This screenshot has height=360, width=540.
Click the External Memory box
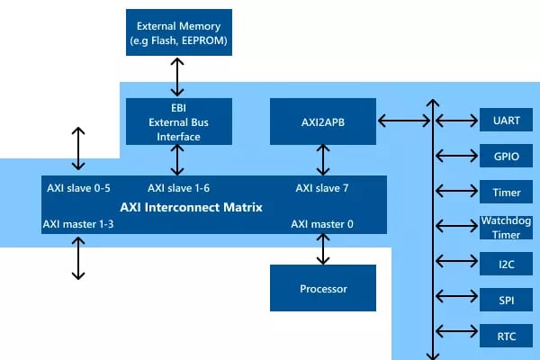179,32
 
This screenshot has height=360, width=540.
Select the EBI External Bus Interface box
179,121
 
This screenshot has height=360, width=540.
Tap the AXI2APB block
323,121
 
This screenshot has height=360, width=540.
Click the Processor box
323,288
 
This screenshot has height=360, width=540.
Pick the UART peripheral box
506,120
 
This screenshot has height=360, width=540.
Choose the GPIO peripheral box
506,156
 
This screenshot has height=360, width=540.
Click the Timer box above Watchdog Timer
506,192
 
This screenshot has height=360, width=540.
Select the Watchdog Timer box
506,228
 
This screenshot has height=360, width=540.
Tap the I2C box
506,264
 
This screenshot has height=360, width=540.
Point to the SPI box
506,300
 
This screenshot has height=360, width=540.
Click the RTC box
506,336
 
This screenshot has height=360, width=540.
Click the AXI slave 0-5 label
78,188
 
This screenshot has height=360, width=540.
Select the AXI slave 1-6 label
178,188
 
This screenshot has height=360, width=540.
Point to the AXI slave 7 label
322,188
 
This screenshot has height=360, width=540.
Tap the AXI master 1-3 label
78,224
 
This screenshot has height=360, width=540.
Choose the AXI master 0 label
322,224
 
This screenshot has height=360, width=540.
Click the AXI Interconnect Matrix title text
191,207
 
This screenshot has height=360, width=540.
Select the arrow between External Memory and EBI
177,76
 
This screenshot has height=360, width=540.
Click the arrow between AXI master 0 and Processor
323,249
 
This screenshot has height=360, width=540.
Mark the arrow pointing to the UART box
456,121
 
